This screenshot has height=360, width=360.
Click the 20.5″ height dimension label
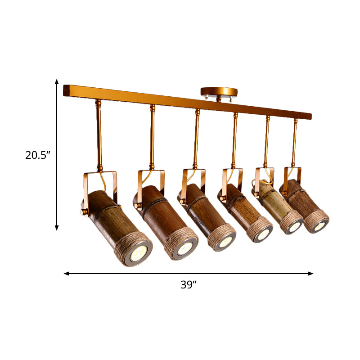tap(37, 155)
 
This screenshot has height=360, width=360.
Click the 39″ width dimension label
tap(189, 284)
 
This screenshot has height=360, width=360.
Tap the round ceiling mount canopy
tap(218, 91)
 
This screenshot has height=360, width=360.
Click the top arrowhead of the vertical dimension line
tap(57, 81)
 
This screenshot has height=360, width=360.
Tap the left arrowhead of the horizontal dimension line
tap(67, 273)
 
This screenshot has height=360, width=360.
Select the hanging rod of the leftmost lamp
tap(99, 135)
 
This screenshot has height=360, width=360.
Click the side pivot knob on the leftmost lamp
tap(84, 211)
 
